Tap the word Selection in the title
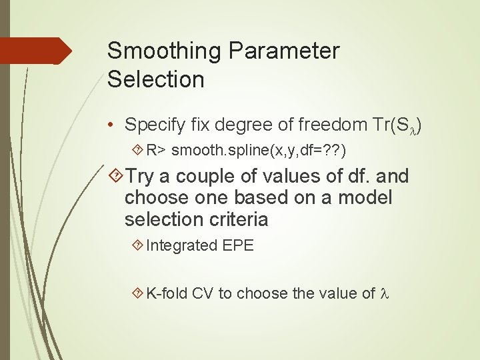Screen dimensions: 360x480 [x=155, y=79]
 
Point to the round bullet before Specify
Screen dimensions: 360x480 [x=113, y=125]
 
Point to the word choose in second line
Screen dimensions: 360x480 [x=157, y=198]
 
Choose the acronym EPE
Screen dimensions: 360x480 [x=237, y=245]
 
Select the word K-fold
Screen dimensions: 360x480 [x=167, y=293]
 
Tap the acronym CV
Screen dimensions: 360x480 [x=203, y=293]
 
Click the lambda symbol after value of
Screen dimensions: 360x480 [x=383, y=293]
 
